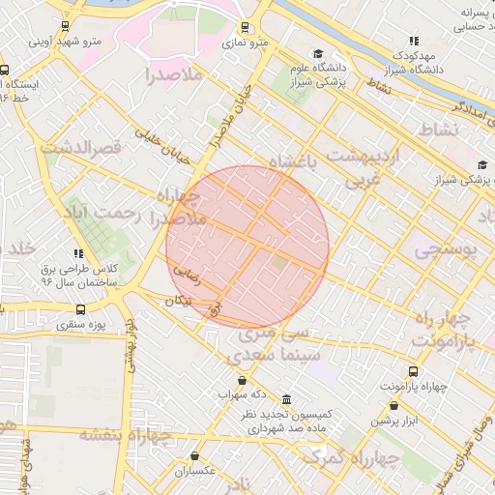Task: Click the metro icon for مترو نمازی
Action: [246, 27]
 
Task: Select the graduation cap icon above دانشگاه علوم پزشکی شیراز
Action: [318, 54]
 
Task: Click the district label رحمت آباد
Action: [103, 212]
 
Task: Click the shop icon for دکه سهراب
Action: [242, 380]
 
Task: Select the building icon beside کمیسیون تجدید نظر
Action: [285, 399]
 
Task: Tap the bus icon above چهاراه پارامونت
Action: [414, 372]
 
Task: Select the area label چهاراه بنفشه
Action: [125, 434]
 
